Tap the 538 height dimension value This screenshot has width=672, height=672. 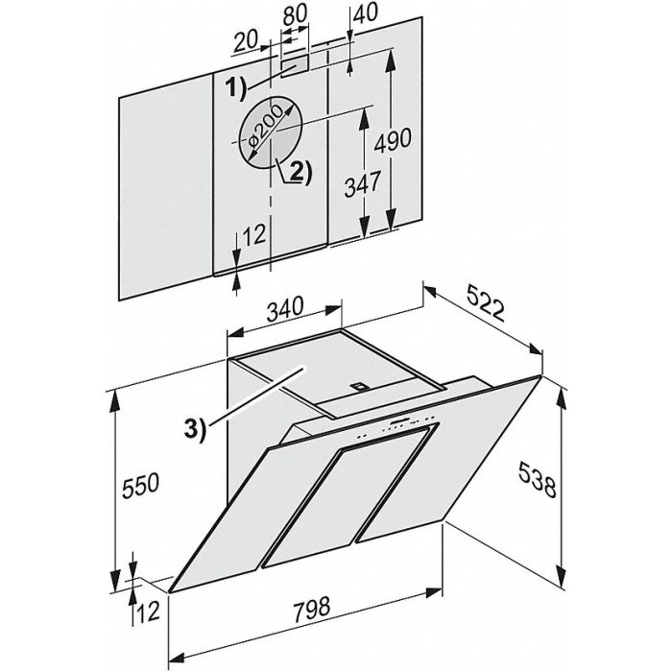(538, 479)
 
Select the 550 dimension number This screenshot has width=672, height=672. (140, 485)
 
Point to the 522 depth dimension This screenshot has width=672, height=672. (485, 304)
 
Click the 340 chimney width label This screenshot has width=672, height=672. (285, 308)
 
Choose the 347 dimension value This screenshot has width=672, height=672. (362, 184)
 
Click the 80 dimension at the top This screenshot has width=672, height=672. (296, 13)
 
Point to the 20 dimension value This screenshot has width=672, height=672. (246, 41)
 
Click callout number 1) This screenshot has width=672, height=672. (236, 88)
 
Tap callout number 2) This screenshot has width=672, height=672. (300, 172)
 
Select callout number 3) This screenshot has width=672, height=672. (195, 428)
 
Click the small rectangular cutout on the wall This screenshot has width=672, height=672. (295, 65)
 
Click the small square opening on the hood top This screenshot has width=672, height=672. (358, 386)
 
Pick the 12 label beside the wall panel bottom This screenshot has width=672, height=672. (253, 235)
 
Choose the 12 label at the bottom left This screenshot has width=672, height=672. (148, 611)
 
